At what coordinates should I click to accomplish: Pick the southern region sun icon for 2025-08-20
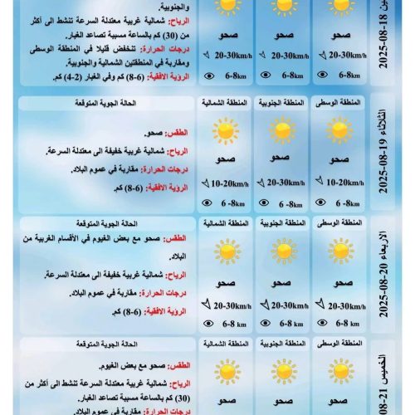point(282,251)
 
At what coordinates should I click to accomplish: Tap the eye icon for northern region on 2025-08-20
point(208,324)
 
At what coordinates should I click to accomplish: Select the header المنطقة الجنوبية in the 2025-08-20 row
point(282,224)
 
